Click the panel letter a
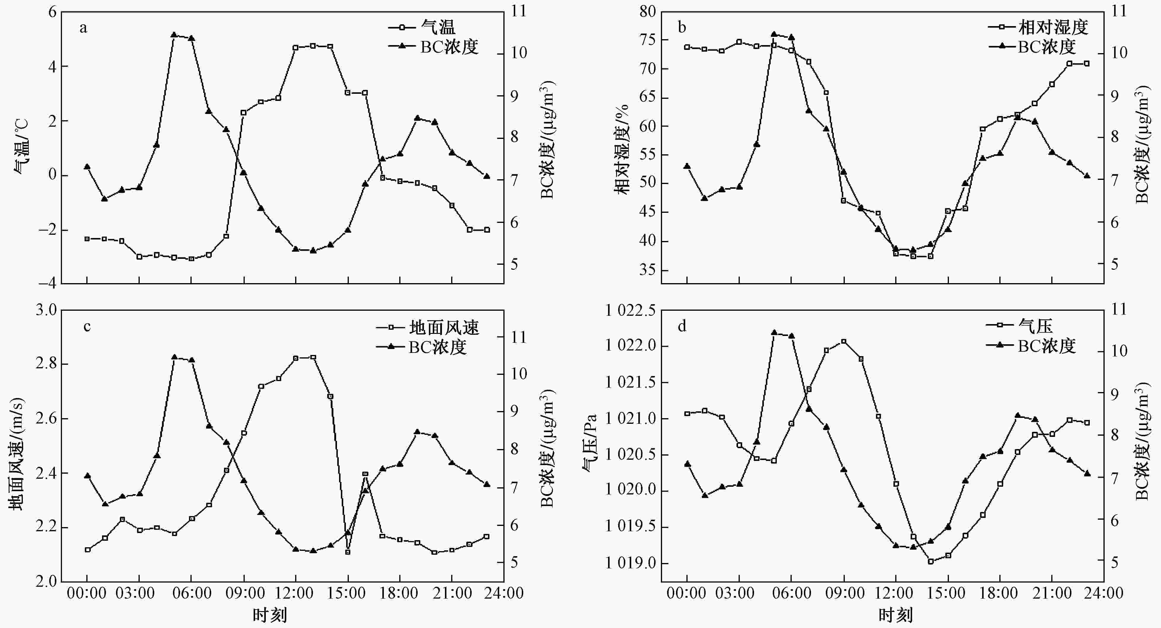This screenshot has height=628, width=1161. (x=83, y=28)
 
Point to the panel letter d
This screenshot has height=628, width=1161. (x=682, y=326)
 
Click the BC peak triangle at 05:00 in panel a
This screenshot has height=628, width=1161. (x=174, y=35)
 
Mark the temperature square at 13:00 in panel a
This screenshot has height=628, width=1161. (x=313, y=45)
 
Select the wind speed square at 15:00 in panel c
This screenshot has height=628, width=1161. (x=347, y=552)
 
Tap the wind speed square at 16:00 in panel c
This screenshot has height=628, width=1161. (x=365, y=474)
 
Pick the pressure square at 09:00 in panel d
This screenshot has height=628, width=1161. (x=844, y=341)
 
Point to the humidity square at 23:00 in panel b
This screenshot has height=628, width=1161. (x=1087, y=64)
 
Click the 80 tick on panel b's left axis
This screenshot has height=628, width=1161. (x=647, y=11)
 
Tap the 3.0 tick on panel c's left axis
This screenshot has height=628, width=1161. (x=46, y=310)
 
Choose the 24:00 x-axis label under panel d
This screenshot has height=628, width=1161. (x=1104, y=593)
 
